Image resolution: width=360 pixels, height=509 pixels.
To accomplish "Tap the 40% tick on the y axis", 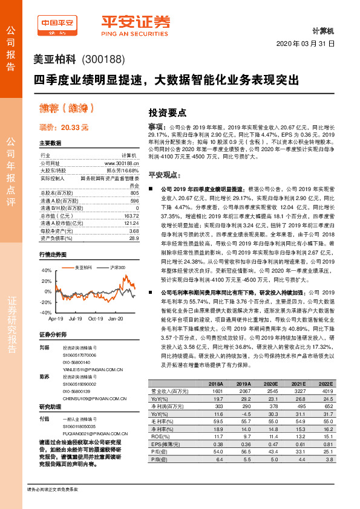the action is point(46,271).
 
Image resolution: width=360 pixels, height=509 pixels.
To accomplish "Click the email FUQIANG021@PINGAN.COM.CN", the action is point(93,433).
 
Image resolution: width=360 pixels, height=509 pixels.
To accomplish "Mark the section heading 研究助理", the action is point(50,406).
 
